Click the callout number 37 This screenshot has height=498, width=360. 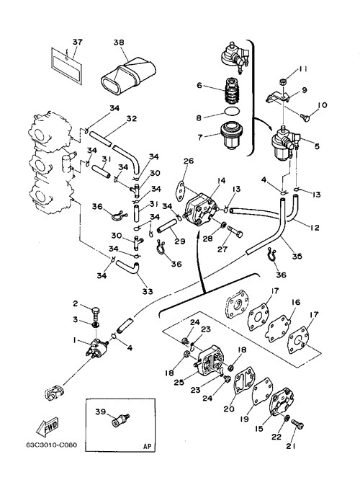pos(77,43)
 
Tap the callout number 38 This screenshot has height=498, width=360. pos(119,43)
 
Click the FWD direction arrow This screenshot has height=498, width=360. pos(48,427)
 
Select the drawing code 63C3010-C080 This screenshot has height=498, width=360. pos(51,445)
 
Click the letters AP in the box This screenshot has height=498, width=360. pos(148,446)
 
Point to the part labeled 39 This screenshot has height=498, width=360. pos(121,420)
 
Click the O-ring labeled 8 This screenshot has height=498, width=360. pos(232,112)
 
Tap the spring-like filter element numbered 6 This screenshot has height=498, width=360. pos(232,91)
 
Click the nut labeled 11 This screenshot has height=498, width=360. pos(283,81)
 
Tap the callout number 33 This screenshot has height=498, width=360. pos(148,291)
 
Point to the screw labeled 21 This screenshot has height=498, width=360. pos(297,424)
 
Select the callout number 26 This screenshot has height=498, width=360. pos(189,161)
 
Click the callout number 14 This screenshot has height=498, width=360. pos(221,181)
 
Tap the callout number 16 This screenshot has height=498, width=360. pos(296,302)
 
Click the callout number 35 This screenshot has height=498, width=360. pos(297,256)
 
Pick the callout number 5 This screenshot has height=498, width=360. pos(317,146)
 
